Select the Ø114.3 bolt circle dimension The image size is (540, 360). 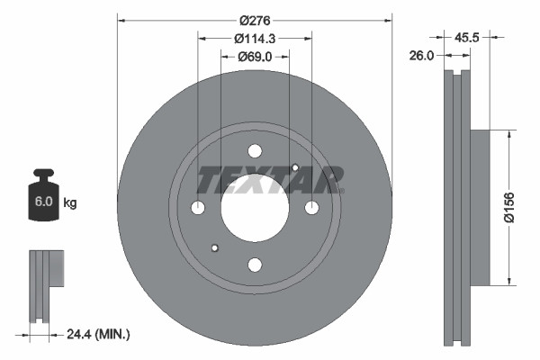(x=255, y=38)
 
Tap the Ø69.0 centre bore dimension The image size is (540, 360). (x=255, y=57)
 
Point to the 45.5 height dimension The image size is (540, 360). (x=466, y=38)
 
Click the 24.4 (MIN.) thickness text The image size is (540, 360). (x=98, y=335)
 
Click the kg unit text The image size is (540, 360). (x=70, y=203)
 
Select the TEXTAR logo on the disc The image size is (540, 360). (x=269, y=179)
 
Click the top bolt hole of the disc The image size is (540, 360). (x=255, y=151)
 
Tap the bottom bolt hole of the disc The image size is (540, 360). (x=255, y=265)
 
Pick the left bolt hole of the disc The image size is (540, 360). (x=198, y=208)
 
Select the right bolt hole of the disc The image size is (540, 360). (x=311, y=208)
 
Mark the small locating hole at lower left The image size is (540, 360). (x=214, y=248)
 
